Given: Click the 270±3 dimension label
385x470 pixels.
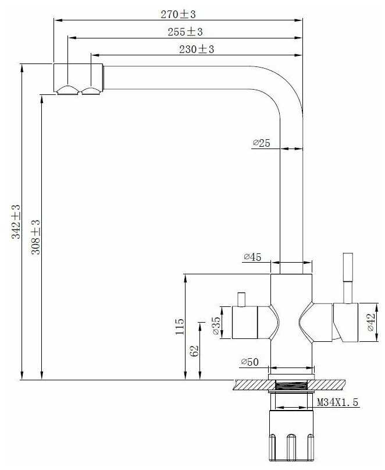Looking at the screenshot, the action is pyautogui.click(x=178, y=14).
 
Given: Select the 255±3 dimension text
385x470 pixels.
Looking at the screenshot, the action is pyautogui.click(x=185, y=32).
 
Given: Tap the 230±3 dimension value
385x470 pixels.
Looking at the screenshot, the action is pyautogui.click(x=197, y=49).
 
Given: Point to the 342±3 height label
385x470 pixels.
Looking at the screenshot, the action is pyautogui.click(x=16, y=221).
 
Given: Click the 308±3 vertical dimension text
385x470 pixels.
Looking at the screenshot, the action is pyautogui.click(x=35, y=237).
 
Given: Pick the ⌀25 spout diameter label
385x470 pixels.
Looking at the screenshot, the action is pyautogui.click(x=261, y=143).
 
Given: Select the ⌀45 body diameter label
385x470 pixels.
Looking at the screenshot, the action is pyautogui.click(x=252, y=257).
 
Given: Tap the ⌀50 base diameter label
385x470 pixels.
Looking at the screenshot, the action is pyautogui.click(x=249, y=362).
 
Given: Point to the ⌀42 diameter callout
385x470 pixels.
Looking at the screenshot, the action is pyautogui.click(x=371, y=322).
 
